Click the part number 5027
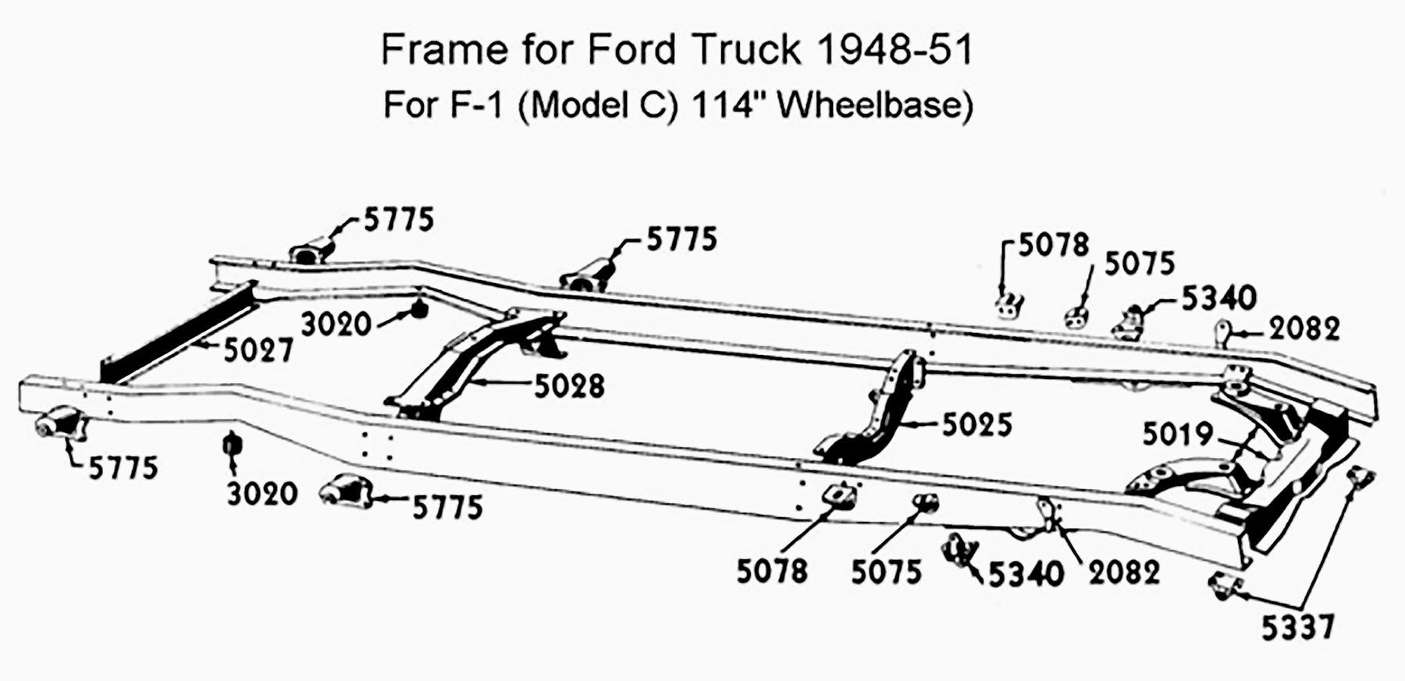point(258,350)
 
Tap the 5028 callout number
point(569,385)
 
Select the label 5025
point(977,424)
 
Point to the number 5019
point(1178,434)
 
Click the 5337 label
point(1297,627)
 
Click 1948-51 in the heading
point(895,50)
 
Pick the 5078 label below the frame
point(772,571)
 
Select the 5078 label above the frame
point(1054,245)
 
